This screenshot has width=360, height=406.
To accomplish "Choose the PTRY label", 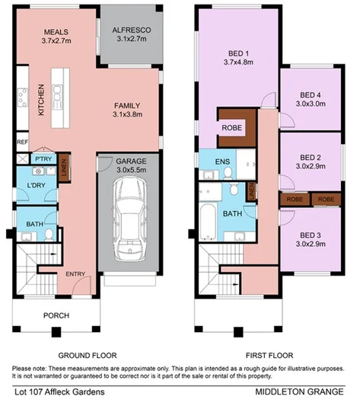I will pos(42,159).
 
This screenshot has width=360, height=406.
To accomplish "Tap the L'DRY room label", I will pos(33,187).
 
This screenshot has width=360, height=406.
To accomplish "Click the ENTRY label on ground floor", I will pos(75,274).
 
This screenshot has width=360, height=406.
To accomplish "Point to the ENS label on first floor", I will pos(222,161).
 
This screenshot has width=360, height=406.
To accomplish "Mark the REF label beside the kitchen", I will pos(22,142).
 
